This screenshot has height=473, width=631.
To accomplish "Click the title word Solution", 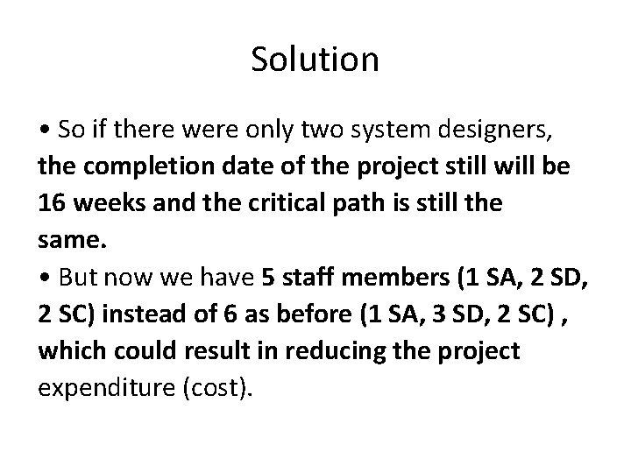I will pos(315,60).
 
